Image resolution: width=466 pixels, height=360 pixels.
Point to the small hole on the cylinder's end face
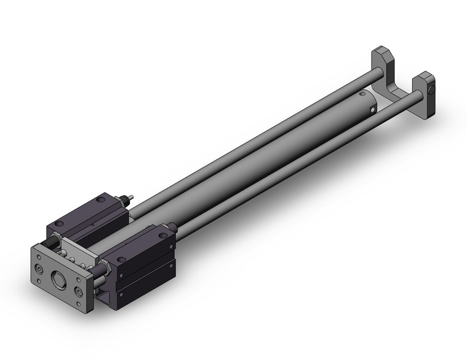372,109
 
